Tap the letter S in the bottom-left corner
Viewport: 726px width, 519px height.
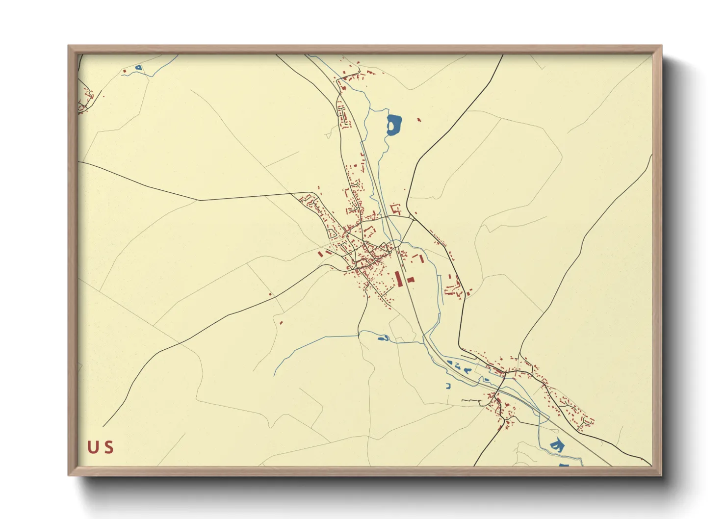(x=109, y=447)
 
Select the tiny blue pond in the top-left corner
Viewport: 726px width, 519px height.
(x=138, y=68)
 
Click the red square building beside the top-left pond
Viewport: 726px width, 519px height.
(x=125, y=72)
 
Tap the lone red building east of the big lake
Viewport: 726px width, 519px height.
(x=418, y=119)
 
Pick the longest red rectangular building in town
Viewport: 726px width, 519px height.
(x=399, y=279)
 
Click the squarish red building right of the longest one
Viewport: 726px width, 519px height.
(x=411, y=280)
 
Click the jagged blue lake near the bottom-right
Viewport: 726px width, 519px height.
(x=557, y=445)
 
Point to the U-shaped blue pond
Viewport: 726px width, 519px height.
(x=448, y=386)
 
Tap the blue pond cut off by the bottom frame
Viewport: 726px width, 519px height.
(x=564, y=465)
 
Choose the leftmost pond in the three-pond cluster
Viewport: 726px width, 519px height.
(x=449, y=363)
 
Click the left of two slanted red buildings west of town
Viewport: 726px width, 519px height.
(x=320, y=255)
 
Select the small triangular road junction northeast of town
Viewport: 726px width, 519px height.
(x=396, y=209)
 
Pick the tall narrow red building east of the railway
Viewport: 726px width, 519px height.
(x=420, y=258)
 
